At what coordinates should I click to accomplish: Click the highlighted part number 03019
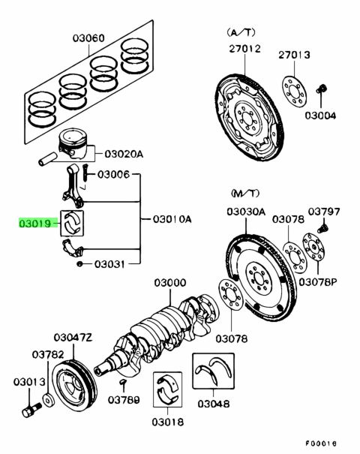35,224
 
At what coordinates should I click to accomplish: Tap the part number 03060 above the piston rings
88,38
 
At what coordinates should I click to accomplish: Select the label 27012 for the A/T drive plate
244,49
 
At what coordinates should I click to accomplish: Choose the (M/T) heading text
245,193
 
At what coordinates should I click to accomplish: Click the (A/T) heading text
241,32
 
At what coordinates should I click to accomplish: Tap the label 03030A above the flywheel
246,212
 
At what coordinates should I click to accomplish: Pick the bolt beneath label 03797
323,226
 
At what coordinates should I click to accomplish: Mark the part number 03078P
318,281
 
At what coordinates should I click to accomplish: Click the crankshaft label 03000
169,283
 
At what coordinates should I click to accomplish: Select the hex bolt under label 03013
31,410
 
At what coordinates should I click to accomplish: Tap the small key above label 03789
124,383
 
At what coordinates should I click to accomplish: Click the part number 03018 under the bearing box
167,422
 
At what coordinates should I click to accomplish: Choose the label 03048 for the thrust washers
213,404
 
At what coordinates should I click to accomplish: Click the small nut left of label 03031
79,264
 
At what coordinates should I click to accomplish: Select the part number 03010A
172,219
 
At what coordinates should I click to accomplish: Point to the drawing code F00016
321,443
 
